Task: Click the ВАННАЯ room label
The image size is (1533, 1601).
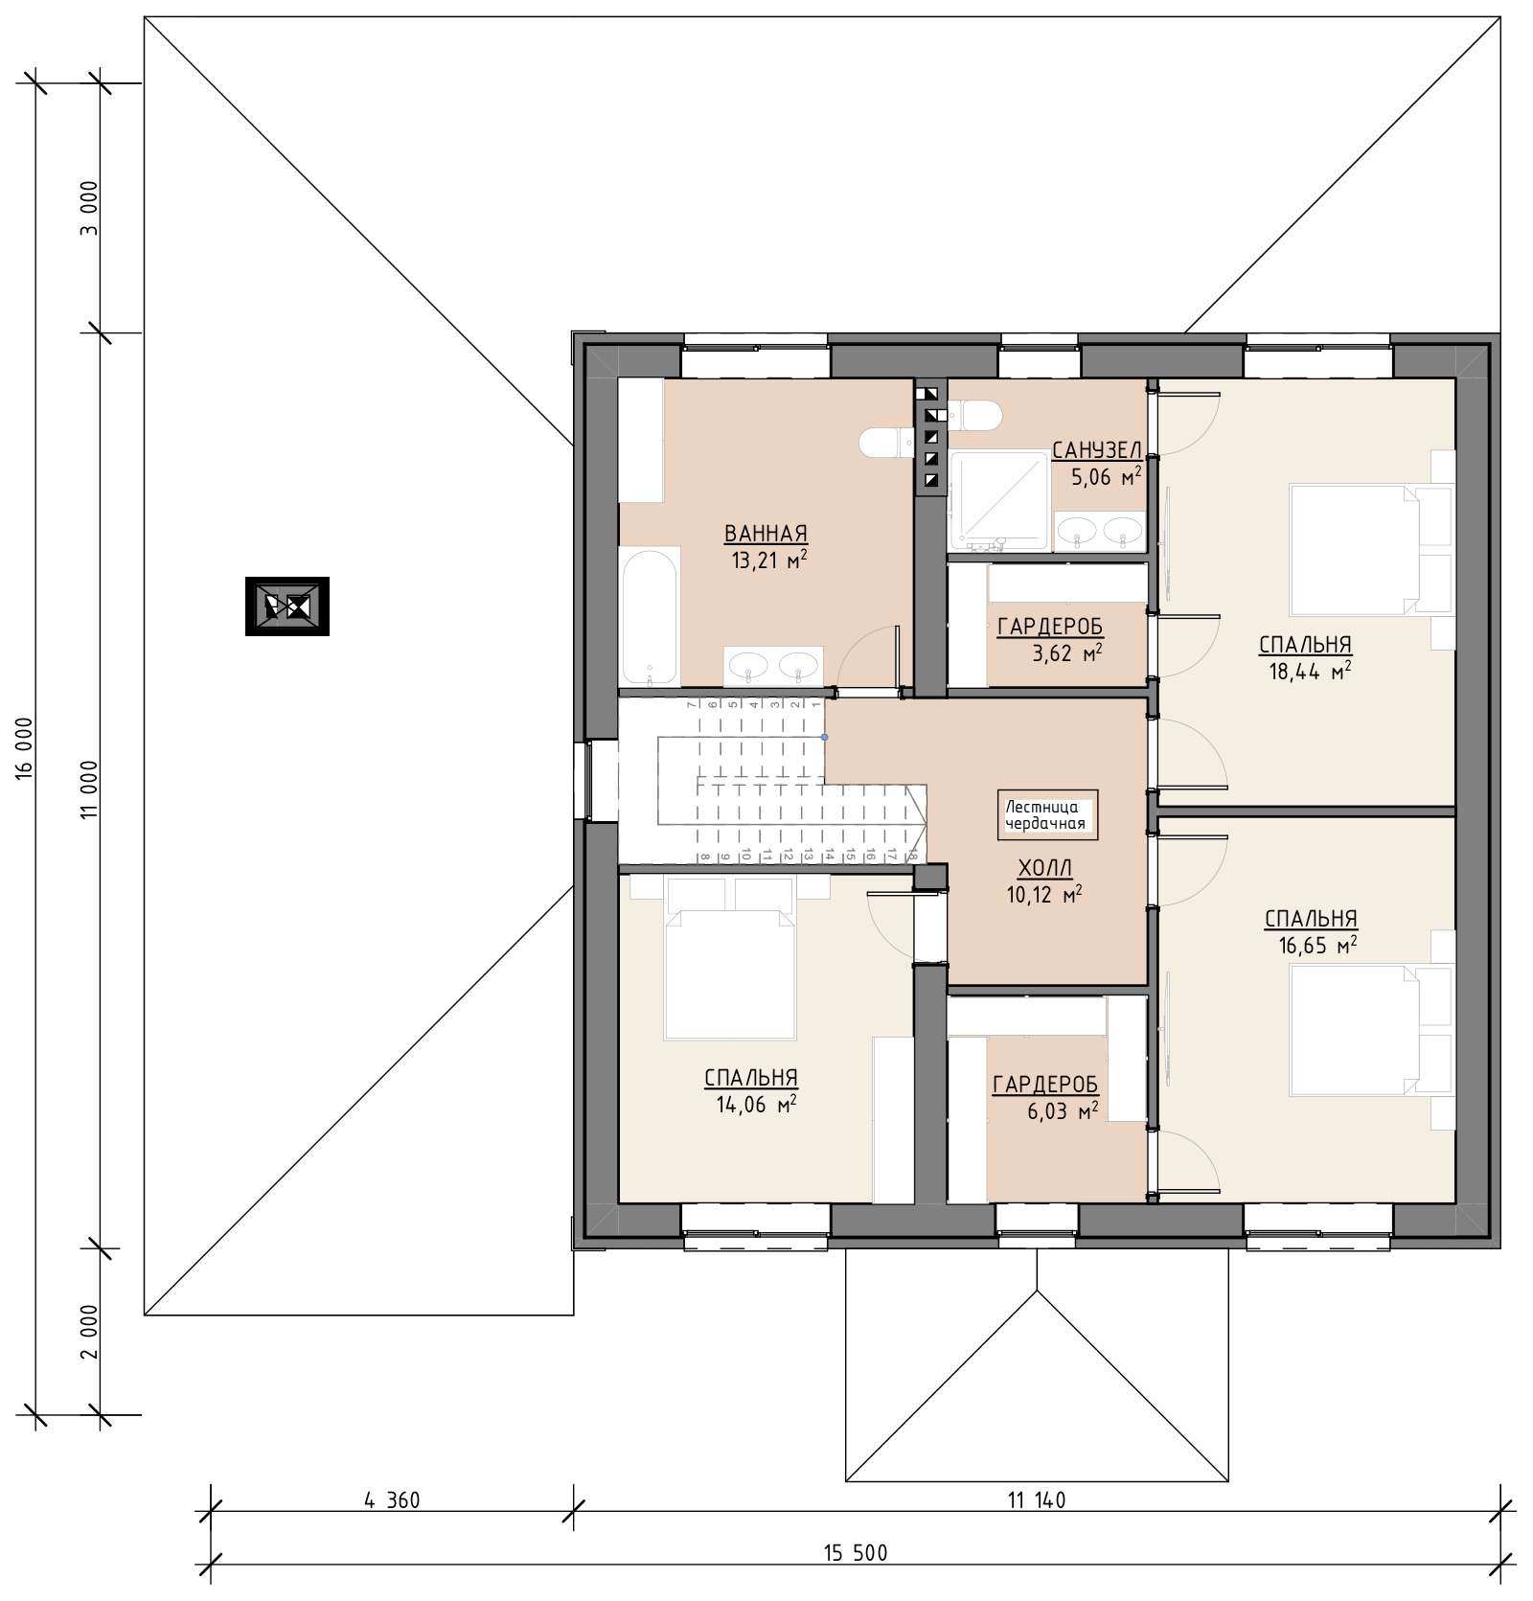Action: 766,534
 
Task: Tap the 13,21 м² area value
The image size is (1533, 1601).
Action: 768,560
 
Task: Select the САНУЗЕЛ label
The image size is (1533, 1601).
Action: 1096,450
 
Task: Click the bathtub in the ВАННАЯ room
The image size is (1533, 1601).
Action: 650,616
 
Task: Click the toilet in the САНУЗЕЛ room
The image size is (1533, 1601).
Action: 974,415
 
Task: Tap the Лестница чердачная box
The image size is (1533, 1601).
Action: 1047,814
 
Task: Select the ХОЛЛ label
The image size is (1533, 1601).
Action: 1044,869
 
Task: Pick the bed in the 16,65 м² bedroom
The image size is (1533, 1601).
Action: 1353,1030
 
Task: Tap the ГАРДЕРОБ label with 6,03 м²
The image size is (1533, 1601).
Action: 1045,1085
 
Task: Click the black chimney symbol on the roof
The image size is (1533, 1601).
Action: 287,606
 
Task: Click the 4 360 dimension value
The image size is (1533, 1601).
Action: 392,1499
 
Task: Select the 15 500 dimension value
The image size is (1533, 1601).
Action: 855,1553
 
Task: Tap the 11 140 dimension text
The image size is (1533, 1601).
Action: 1035,1499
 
